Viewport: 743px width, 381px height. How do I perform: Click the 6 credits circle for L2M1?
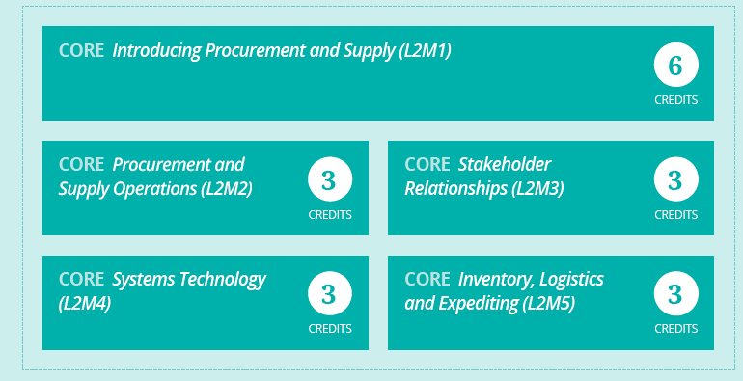[x=675, y=65]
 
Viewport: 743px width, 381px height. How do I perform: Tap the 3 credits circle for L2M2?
[x=330, y=179]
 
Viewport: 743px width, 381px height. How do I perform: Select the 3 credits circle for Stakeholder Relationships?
[x=675, y=179]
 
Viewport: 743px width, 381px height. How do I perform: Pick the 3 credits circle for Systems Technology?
[x=330, y=293]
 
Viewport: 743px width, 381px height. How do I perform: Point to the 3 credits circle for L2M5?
[x=675, y=293]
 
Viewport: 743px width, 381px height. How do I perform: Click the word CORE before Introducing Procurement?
[x=81, y=50]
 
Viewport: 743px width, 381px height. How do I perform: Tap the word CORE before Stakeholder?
[x=427, y=164]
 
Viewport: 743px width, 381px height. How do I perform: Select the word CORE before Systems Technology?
[x=81, y=279]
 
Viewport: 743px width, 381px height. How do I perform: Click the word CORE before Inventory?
[x=427, y=279]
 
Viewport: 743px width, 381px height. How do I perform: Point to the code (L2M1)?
[x=425, y=51]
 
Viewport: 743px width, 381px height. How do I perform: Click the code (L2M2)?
[x=227, y=189]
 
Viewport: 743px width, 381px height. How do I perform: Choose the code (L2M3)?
[x=537, y=189]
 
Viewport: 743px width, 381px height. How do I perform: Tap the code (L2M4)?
[x=85, y=303]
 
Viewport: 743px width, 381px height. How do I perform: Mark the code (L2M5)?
[x=549, y=303]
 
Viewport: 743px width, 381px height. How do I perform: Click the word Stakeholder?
[x=505, y=164]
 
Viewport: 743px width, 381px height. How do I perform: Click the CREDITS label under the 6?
[x=676, y=100]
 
